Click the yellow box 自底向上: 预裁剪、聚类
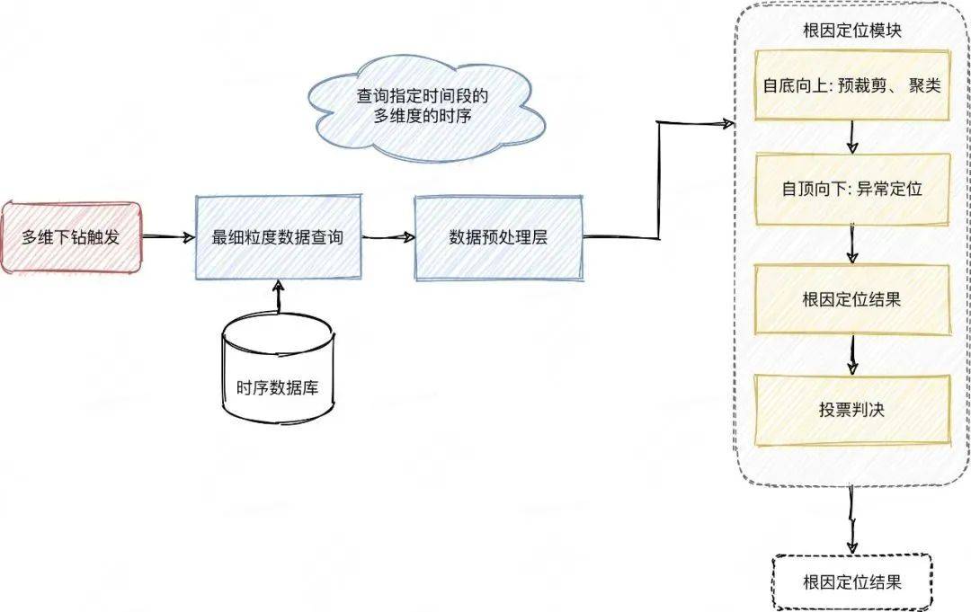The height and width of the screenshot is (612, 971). tap(852, 86)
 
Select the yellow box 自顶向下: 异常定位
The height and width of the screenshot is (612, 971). tap(852, 190)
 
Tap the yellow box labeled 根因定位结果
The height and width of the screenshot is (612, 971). tap(852, 300)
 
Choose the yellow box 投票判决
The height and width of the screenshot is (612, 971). tap(852, 410)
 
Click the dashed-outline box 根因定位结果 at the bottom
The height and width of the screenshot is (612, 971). tap(852, 582)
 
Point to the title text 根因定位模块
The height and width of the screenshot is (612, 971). tap(852, 31)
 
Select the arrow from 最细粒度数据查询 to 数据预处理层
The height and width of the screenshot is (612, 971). tap(388, 238)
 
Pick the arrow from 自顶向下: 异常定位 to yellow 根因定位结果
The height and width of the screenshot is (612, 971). tap(852, 244)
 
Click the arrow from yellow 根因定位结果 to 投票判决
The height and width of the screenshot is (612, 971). tap(852, 355)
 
